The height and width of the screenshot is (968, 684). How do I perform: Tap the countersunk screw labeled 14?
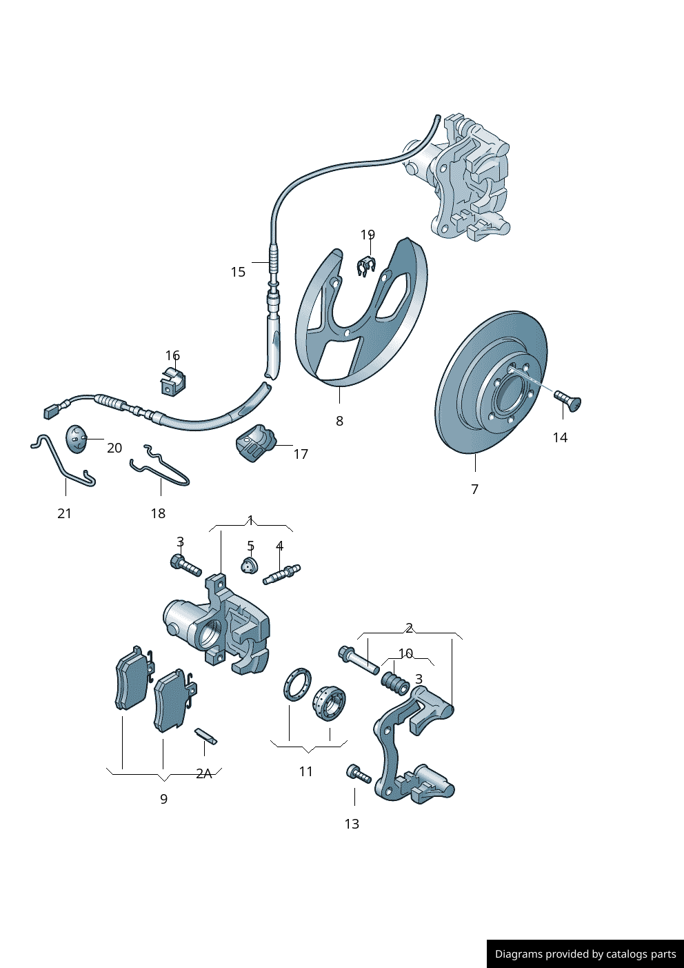point(568,399)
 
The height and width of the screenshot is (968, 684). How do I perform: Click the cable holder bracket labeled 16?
point(174,381)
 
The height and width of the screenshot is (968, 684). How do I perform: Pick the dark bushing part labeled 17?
point(255,443)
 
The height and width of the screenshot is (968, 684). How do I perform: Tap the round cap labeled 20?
point(76,439)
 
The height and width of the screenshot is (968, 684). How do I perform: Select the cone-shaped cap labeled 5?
point(250,565)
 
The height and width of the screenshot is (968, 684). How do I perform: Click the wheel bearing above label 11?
point(329,703)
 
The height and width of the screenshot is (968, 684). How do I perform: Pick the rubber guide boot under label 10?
point(394,683)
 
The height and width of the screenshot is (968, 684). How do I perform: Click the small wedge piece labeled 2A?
point(206,737)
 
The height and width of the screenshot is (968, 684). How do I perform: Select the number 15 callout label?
point(238,273)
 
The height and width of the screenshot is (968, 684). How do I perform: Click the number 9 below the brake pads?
point(163,799)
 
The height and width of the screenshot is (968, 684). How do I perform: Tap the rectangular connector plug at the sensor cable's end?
point(52,411)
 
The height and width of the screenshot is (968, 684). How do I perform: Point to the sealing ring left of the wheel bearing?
point(297,684)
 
